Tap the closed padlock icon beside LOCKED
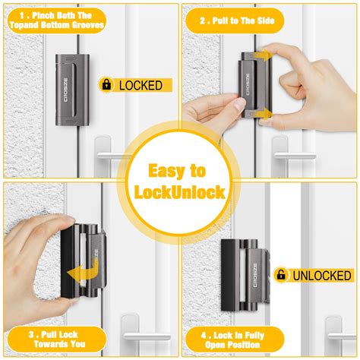106,85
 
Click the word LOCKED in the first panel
141,85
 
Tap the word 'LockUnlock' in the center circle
180,192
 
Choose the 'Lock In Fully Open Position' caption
232,339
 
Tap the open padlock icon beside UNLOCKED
280,275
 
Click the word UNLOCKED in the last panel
320,275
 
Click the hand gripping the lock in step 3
34,258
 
